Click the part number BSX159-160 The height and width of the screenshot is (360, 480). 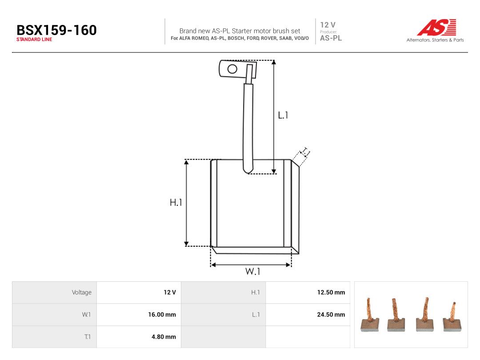(56, 30)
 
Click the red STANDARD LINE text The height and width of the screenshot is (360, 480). (34, 40)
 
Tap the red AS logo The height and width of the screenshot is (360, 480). (436, 27)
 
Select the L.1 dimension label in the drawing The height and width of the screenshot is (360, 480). (283, 115)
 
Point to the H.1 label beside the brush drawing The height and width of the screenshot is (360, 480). (176, 202)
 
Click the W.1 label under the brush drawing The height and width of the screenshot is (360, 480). (252, 271)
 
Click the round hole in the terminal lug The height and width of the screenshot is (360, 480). (232, 69)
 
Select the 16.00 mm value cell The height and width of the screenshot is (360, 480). (162, 314)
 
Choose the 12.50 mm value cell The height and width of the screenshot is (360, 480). (331, 292)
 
